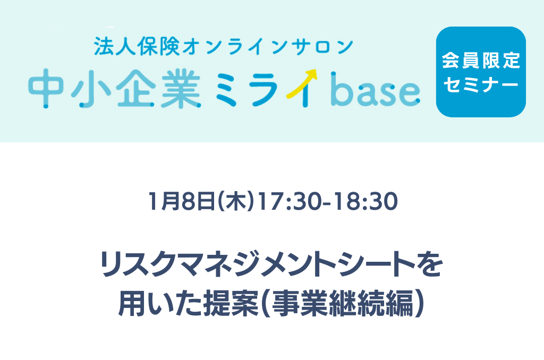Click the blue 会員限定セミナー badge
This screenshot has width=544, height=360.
click(x=481, y=72)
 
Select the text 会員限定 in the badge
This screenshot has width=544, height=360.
click(x=481, y=61)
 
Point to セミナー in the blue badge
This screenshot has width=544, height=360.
click(x=481, y=84)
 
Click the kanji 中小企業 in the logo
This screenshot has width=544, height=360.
click(x=115, y=88)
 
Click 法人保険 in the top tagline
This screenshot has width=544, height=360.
click(x=137, y=47)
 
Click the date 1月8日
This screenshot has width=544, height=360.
click(x=182, y=201)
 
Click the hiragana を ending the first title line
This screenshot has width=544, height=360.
click(x=429, y=264)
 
